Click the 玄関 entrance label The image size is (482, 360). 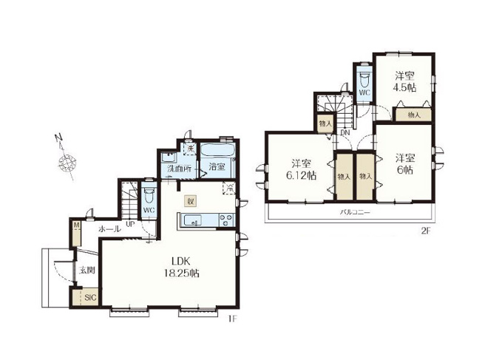[x=87, y=271]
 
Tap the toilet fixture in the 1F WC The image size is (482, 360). [x=148, y=197]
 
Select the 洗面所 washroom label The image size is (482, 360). [x=179, y=169]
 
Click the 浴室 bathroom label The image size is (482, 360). [x=216, y=166]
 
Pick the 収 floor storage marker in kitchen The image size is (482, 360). [x=190, y=200]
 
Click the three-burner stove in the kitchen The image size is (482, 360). [x=225, y=218]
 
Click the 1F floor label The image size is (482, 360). [x=231, y=319]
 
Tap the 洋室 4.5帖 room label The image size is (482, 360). [x=404, y=81]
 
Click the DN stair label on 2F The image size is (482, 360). [x=345, y=133]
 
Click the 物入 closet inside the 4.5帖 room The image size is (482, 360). [x=413, y=115]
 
